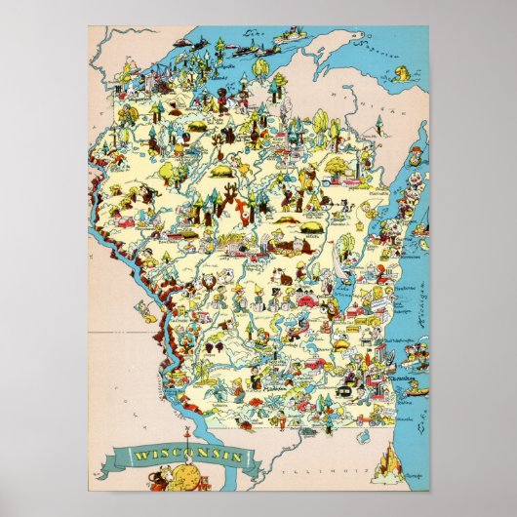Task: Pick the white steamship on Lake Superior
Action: click(290, 36)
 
